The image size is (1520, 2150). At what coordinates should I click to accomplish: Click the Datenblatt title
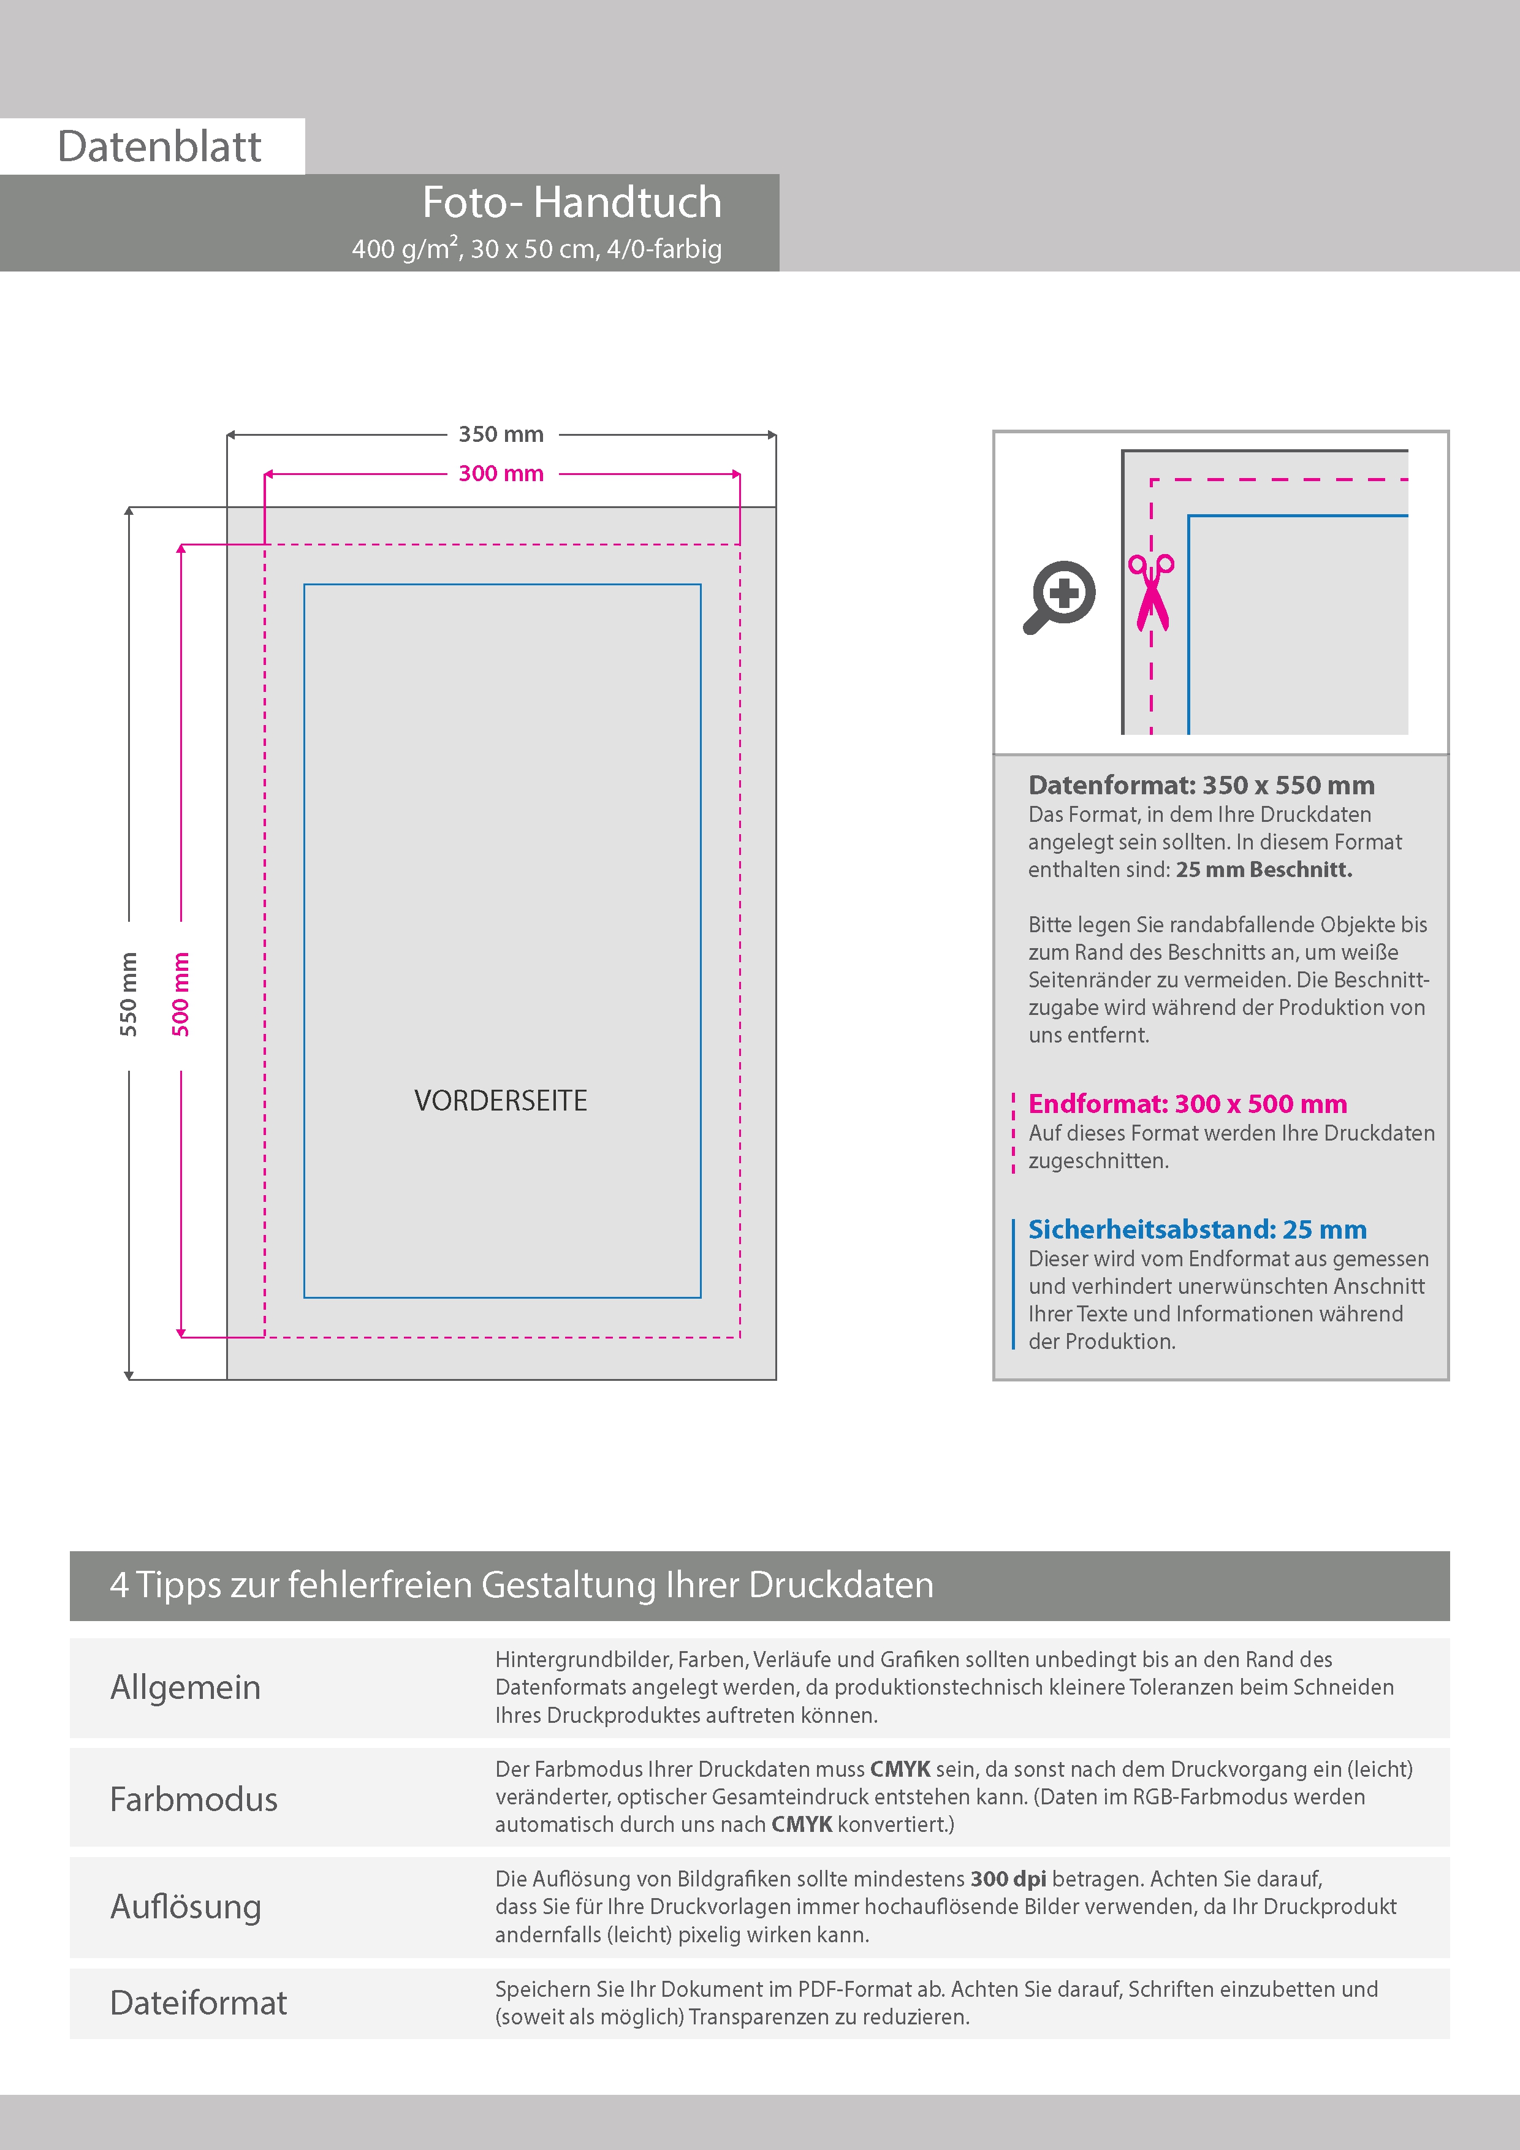[x=159, y=147]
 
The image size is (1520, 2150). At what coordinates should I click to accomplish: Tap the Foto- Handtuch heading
[x=571, y=202]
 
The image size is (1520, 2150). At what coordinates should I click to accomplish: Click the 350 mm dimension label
[x=501, y=435]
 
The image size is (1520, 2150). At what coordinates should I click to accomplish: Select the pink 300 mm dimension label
[x=501, y=474]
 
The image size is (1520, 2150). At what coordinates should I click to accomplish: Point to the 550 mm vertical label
[x=128, y=995]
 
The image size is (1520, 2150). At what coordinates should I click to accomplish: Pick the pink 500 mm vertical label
[x=181, y=995]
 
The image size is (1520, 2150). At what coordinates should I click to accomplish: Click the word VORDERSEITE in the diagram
[x=501, y=1100]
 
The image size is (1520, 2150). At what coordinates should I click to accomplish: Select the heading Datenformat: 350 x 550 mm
[x=1201, y=784]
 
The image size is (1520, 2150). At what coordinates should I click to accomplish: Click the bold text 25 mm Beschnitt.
[x=1263, y=870]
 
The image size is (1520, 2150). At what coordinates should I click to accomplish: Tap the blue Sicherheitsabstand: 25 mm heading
[x=1197, y=1229]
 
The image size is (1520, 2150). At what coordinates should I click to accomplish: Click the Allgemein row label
[x=186, y=1687]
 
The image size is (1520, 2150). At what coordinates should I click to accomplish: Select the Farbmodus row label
[x=194, y=1799]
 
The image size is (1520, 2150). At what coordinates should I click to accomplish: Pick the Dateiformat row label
[x=199, y=2003]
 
